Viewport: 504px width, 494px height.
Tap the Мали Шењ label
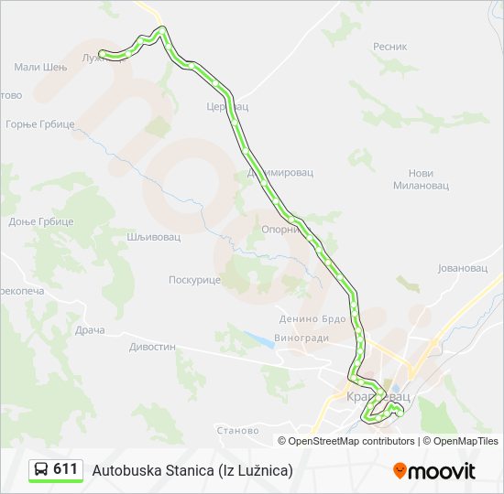click(40, 67)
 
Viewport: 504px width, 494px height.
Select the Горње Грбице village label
click(39, 123)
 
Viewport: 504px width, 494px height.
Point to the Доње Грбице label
click(40, 222)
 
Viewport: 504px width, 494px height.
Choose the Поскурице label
click(194, 280)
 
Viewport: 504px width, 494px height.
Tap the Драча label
click(91, 329)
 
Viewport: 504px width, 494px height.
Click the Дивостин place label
click(152, 347)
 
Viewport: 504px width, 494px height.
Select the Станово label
click(237, 430)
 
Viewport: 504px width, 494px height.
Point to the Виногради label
click(301, 337)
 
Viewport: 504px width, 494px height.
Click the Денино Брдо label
click(312, 319)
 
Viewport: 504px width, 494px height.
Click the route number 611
click(65, 469)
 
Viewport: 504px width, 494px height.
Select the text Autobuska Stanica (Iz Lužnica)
click(192, 470)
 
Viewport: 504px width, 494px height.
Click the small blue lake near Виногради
click(260, 339)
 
